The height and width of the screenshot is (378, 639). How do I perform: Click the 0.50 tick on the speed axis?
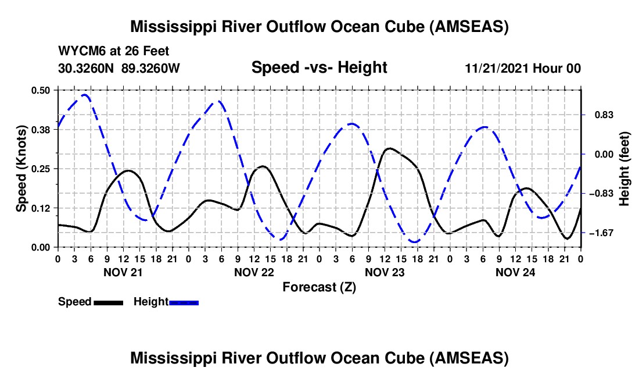coord(42,90)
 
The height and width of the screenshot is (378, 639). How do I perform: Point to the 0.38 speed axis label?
coord(42,129)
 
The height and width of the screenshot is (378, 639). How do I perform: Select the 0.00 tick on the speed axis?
coord(42,247)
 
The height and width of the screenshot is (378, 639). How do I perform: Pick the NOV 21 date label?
coord(123,272)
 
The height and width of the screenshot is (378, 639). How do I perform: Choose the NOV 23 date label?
coord(384,272)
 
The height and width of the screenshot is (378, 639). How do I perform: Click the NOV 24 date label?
coord(515,272)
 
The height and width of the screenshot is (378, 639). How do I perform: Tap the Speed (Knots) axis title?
coord(21,169)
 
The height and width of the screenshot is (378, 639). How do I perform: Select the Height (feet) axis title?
coord(624,169)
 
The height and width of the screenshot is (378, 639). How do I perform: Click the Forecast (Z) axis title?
coord(319,287)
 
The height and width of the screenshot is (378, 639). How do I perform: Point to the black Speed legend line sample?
coord(108,302)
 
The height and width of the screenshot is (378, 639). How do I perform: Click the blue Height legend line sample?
coord(184,302)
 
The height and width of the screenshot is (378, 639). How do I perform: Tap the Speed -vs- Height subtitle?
coord(319,67)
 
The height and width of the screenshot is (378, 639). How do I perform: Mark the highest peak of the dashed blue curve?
coord(85,94)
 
